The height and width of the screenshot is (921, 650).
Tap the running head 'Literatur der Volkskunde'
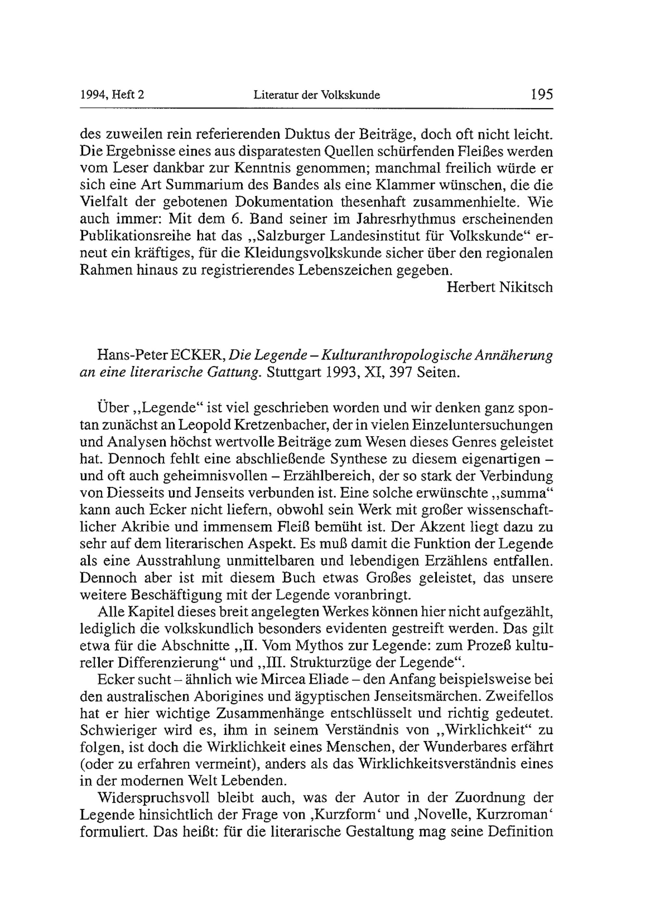tap(317, 95)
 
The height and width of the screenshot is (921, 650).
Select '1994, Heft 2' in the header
tap(112, 95)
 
